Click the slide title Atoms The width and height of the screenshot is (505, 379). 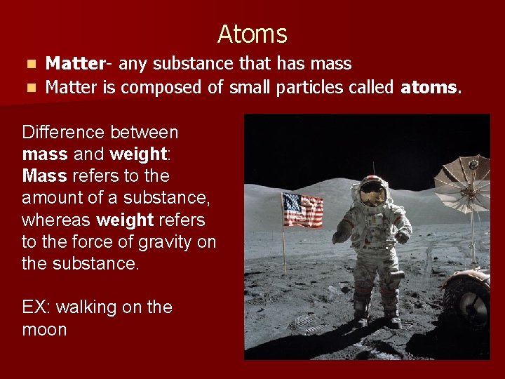click(x=252, y=34)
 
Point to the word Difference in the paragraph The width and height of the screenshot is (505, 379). click(x=62, y=132)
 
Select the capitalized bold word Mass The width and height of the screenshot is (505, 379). click(x=45, y=175)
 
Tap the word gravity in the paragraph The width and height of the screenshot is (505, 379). click(x=151, y=242)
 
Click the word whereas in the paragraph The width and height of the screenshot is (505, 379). click(x=56, y=220)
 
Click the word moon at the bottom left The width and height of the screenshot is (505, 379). click(x=44, y=329)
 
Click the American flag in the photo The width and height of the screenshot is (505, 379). click(x=302, y=210)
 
